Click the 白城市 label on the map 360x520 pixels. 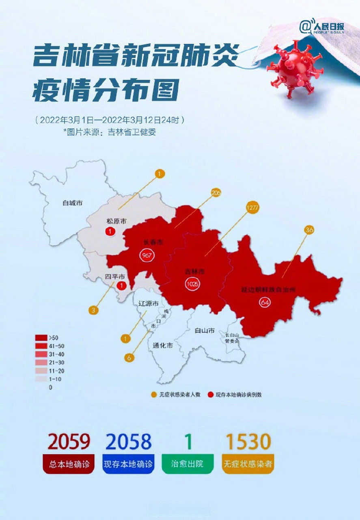click(73, 202)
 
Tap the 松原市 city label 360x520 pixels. click(116, 221)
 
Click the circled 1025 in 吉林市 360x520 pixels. click(192, 284)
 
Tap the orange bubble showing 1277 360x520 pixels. click(252, 208)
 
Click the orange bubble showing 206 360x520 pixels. click(216, 193)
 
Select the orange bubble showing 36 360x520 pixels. click(310, 230)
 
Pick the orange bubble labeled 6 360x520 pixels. click(129, 358)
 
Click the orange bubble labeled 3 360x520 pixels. click(94, 311)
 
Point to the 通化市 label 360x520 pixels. click(163, 346)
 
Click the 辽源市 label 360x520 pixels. click(148, 303)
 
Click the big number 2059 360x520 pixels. click(68, 442)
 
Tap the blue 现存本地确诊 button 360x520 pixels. click(128, 464)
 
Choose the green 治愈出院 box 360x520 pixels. click(188, 464)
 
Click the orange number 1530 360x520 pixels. click(248, 442)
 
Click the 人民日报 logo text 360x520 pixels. click(328, 27)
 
